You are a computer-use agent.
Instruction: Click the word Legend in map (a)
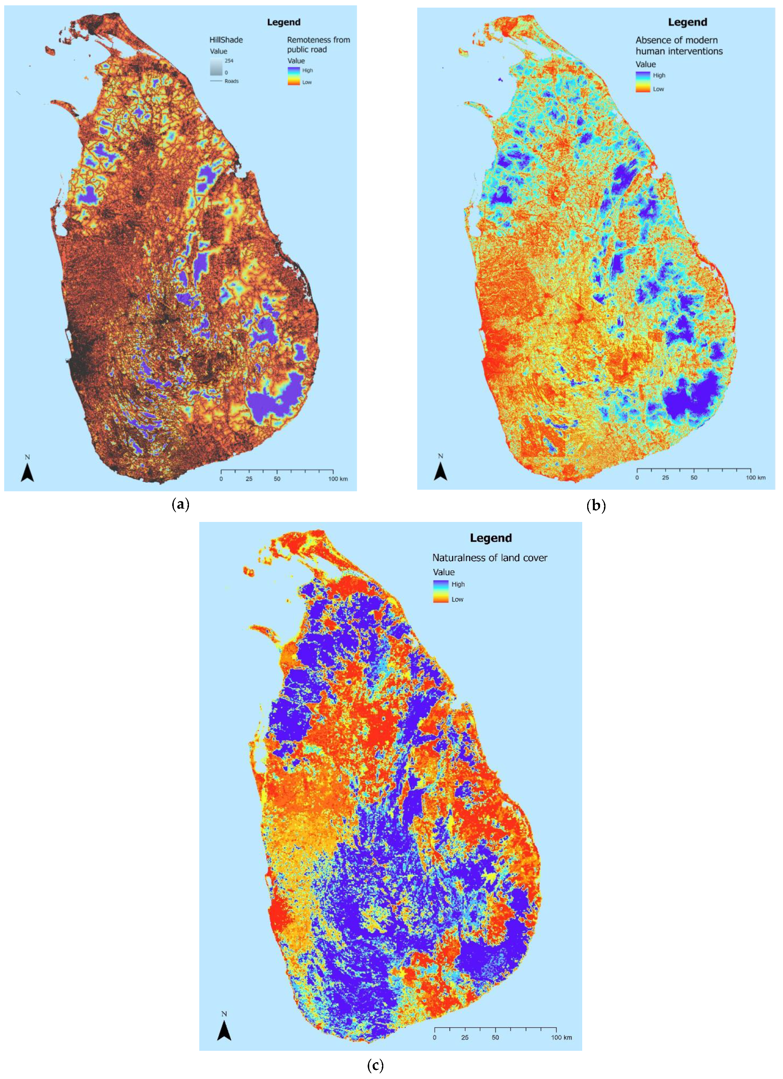[x=283, y=22]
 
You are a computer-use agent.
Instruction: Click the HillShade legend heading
[x=226, y=40]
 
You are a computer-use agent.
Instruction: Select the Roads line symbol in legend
[x=216, y=81]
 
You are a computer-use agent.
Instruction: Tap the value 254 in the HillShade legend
[x=229, y=61]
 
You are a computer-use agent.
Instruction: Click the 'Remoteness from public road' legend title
[x=318, y=45]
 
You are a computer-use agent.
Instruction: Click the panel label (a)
[x=180, y=504]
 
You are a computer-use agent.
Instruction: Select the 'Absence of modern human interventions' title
[x=679, y=46]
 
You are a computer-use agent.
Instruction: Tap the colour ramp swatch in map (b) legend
[x=642, y=82]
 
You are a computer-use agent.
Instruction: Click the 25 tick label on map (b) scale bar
[x=665, y=478]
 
